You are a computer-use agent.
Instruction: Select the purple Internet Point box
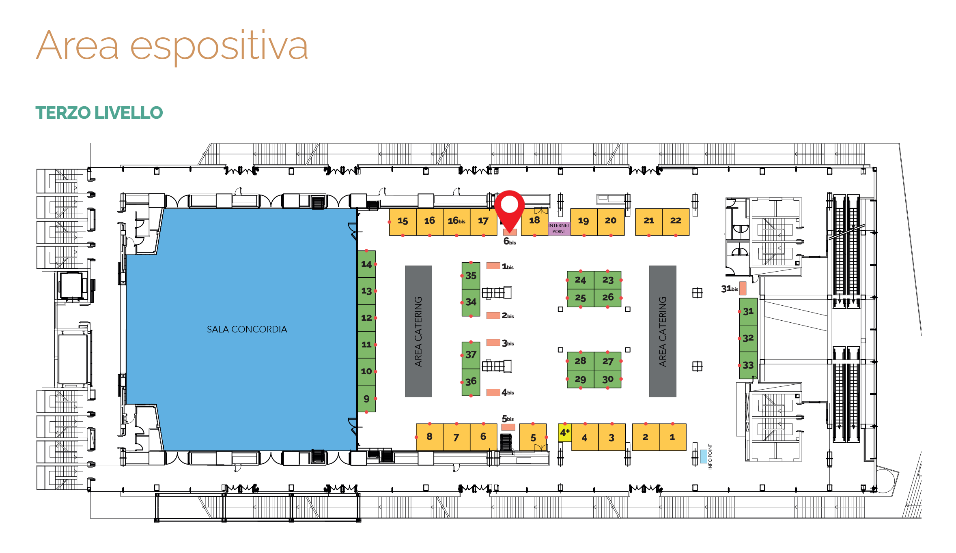[559, 228]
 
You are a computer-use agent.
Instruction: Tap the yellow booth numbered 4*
[564, 433]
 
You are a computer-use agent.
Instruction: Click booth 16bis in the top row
[456, 222]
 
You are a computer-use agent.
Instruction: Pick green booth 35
[471, 276]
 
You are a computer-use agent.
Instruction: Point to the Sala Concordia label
[247, 329]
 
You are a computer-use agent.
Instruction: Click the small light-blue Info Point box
[703, 456]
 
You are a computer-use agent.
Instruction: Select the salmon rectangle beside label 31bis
[743, 288]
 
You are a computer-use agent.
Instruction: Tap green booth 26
[607, 298]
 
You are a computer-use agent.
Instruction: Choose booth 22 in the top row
[676, 222]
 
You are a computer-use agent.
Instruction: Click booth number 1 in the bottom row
[672, 437]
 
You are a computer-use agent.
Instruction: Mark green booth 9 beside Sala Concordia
[366, 399]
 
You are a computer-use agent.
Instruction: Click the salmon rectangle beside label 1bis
[493, 266]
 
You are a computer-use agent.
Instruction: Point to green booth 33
[748, 365]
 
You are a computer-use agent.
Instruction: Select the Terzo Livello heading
[99, 113]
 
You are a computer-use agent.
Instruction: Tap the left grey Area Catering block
[418, 331]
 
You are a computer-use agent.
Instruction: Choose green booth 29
[580, 379]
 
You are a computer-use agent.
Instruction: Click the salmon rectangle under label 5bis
[508, 427]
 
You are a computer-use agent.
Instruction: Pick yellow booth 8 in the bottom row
[429, 437]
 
